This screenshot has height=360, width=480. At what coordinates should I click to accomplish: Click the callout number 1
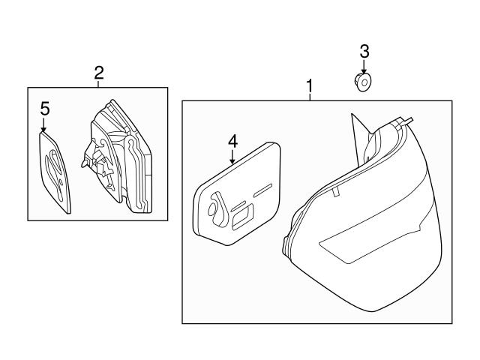click(x=310, y=86)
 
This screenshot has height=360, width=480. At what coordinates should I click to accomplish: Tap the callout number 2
click(x=98, y=73)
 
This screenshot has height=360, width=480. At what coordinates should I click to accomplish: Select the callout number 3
click(x=364, y=52)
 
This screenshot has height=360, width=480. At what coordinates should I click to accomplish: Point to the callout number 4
click(x=232, y=142)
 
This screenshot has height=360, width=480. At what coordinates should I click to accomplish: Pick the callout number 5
click(x=45, y=109)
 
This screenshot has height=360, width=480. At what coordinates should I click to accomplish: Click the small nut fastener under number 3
click(x=362, y=82)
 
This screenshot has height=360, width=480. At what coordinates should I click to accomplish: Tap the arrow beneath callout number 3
click(x=364, y=67)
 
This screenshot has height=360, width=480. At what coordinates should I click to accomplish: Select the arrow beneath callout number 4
click(x=232, y=157)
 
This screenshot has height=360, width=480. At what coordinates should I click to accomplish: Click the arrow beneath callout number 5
click(x=43, y=125)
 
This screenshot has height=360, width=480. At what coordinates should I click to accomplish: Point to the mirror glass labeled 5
click(x=55, y=172)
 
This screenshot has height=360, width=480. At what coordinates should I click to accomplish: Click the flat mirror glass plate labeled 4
click(x=236, y=194)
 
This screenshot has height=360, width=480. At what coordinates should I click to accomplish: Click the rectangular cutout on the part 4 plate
click(x=243, y=217)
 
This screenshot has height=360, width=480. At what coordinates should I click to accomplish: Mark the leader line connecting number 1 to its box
click(x=310, y=97)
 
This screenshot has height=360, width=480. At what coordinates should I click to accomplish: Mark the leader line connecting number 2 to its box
click(x=98, y=84)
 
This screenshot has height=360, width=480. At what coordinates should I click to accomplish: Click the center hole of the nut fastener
click(x=364, y=82)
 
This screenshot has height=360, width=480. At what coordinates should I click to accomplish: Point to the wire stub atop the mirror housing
click(x=408, y=121)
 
